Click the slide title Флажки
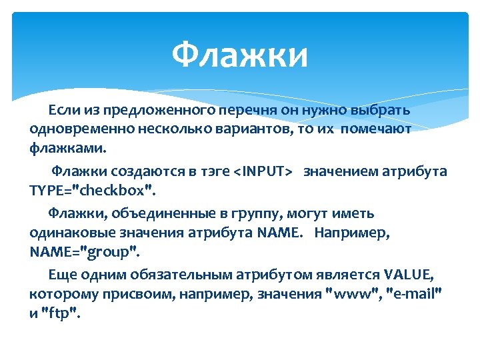(x=240, y=55)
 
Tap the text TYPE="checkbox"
(x=91, y=191)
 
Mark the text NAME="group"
(x=85, y=252)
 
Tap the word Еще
(x=61, y=275)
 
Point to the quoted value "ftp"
(x=61, y=313)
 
